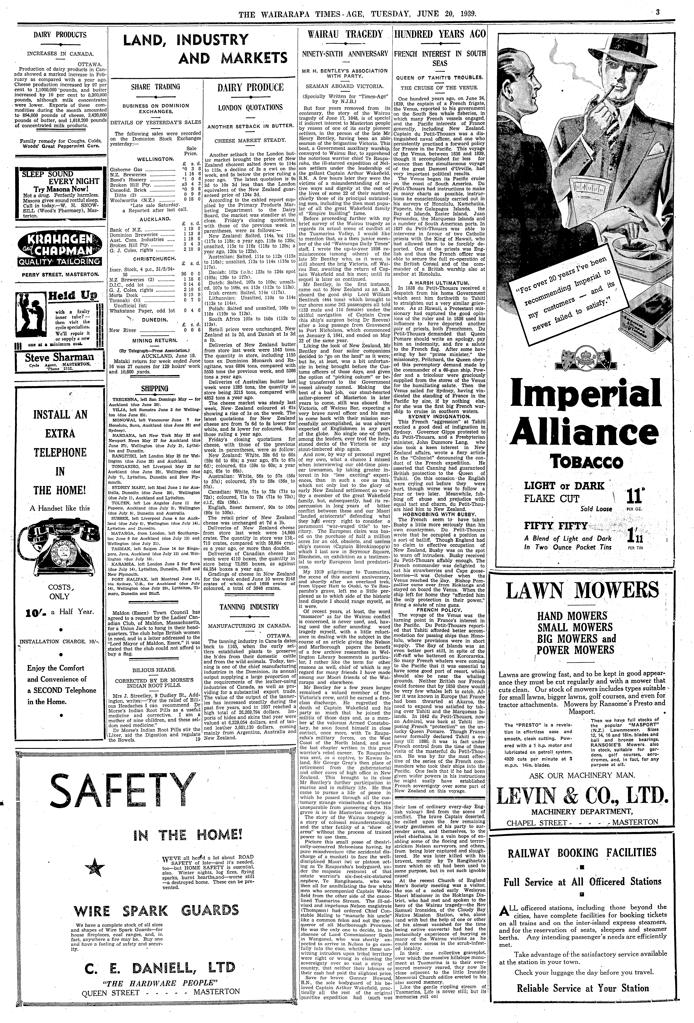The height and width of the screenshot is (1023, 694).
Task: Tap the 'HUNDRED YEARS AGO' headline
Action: coord(440,34)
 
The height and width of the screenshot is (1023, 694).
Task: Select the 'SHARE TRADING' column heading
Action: coord(156,87)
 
